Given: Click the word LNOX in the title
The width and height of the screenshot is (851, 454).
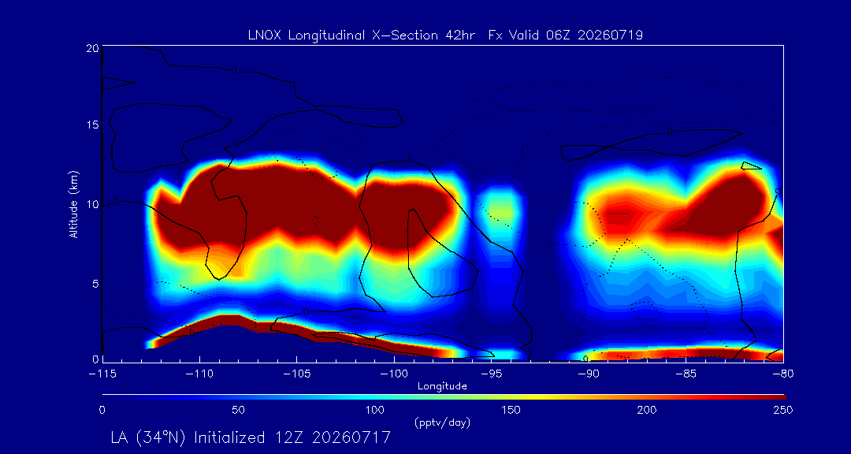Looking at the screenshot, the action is pyautogui.click(x=264, y=35).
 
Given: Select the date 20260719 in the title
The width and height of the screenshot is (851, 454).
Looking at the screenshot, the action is pyautogui.click(x=611, y=35).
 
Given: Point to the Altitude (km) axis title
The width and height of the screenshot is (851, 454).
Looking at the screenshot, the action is pyautogui.click(x=74, y=203).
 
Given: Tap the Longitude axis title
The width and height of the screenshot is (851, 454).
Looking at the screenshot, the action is pyautogui.click(x=442, y=386).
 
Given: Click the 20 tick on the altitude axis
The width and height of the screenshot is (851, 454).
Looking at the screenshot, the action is pyautogui.click(x=92, y=48).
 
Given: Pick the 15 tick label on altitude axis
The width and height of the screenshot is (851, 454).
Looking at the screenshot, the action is pyautogui.click(x=92, y=125).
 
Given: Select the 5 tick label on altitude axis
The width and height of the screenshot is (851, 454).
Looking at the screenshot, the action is pyautogui.click(x=95, y=284).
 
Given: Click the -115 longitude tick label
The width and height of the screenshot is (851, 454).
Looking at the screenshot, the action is pyautogui.click(x=102, y=374).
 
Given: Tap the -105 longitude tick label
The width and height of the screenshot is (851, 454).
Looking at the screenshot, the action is pyautogui.click(x=296, y=374).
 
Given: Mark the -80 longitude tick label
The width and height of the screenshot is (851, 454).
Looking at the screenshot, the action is pyautogui.click(x=783, y=374).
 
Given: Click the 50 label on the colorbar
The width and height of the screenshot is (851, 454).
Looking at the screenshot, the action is pyautogui.click(x=238, y=410).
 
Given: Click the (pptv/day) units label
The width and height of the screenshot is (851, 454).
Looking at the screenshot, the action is pyautogui.click(x=442, y=422).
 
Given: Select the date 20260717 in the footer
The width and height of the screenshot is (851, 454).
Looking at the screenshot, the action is pyautogui.click(x=351, y=437).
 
